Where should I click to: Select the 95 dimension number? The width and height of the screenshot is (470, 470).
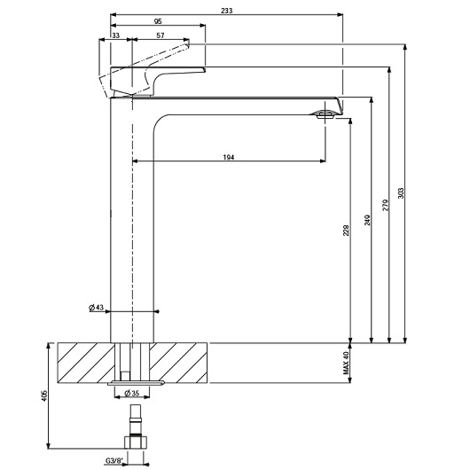(156, 20)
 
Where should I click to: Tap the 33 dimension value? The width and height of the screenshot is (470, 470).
(117, 35)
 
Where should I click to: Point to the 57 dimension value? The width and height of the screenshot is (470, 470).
(159, 35)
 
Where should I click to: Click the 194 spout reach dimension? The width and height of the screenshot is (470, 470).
(228, 156)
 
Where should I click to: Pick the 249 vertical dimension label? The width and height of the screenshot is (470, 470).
(366, 218)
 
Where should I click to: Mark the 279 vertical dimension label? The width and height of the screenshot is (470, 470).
(385, 206)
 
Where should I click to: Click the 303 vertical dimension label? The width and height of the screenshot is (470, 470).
(401, 193)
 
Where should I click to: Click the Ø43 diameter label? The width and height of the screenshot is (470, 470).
(98, 307)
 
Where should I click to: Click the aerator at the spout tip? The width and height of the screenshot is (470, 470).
(326, 112)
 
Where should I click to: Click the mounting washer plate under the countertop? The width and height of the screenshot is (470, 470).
(137, 385)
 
